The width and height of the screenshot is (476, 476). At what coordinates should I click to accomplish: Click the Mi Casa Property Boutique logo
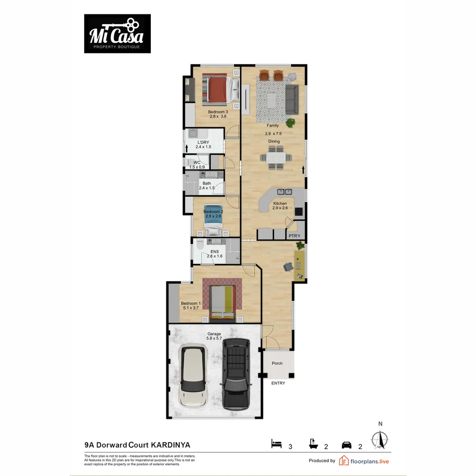point(117,33)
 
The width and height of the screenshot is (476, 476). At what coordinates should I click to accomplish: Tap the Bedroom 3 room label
point(217,114)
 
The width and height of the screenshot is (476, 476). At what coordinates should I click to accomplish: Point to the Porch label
point(277,364)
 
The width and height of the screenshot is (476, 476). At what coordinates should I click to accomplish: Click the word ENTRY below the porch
point(278,383)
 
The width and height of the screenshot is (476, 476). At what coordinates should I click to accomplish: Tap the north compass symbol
point(380,439)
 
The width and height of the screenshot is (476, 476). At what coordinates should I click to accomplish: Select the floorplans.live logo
point(364,461)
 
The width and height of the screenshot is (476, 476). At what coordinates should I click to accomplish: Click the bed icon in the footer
point(276,444)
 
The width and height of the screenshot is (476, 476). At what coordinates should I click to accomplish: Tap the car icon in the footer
point(347,445)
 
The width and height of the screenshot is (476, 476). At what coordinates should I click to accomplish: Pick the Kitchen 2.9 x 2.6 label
point(280,206)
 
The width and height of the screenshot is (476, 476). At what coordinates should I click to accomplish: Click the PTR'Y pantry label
point(294,236)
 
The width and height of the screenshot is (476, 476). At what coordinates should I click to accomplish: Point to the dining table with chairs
point(272,157)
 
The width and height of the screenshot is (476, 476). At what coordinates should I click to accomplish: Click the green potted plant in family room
point(290,122)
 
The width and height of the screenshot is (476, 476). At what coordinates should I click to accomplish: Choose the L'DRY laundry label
point(203,145)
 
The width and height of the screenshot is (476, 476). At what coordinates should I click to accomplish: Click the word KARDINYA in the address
point(171,445)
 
